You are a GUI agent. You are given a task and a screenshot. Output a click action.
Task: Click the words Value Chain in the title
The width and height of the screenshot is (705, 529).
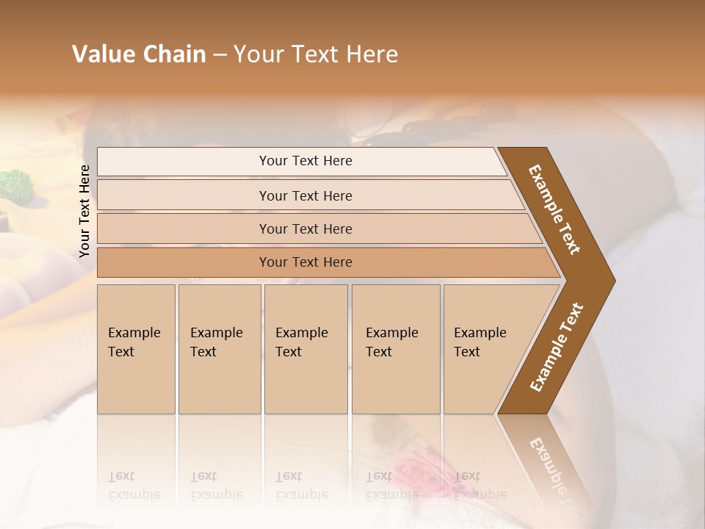pos(139,54)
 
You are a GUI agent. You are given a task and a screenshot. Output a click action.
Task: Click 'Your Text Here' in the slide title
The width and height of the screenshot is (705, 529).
pos(316,54)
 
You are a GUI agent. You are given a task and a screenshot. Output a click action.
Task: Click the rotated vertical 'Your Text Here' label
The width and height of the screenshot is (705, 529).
pos(84,211)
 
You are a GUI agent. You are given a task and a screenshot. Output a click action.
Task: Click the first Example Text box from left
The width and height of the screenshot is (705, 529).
pos(136,349)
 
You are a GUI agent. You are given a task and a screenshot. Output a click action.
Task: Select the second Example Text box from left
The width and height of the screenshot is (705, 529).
pos(219,349)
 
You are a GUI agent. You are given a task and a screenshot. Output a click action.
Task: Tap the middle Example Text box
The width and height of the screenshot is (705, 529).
pos(305,349)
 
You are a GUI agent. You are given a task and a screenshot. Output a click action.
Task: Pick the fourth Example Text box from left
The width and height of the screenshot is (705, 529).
pos(396,349)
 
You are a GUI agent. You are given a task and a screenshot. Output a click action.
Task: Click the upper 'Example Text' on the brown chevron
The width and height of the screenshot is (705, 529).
pos(554,209)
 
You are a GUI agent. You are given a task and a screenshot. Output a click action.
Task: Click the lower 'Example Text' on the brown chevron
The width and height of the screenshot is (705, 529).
pos(557,348)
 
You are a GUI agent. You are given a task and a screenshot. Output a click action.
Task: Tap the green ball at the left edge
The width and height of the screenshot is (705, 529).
pos(13,184)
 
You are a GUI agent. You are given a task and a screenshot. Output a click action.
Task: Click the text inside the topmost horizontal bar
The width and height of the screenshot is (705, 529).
pos(305,161)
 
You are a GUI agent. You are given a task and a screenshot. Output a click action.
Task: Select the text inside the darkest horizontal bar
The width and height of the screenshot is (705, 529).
pos(305,262)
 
